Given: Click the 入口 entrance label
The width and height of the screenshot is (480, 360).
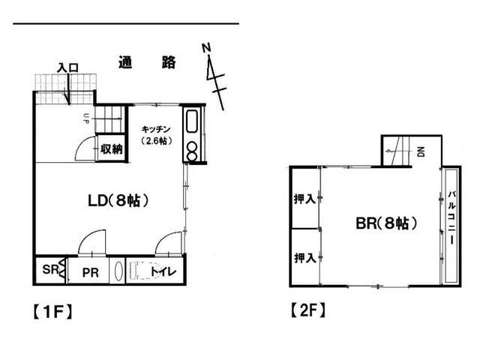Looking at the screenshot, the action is (68, 67).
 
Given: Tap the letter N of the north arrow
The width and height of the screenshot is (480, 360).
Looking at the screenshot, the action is (207, 48).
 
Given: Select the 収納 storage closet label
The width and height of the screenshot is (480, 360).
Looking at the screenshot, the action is (112, 149).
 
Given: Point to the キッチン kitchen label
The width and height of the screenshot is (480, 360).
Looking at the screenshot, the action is (156, 129).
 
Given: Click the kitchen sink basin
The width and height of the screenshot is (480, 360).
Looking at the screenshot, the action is (192, 121).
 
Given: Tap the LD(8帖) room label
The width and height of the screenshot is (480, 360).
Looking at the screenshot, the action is (118, 201).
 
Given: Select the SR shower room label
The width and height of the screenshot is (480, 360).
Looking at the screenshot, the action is (50, 269).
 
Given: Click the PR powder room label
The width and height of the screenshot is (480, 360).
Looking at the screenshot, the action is (90, 272).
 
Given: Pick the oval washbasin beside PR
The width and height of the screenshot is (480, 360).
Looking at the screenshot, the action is (118, 271).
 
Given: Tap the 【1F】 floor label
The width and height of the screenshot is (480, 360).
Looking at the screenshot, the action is (52, 312).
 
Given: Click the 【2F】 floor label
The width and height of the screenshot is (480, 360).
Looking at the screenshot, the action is (307, 310).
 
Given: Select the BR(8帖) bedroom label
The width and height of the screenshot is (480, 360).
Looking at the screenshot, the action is (386, 223).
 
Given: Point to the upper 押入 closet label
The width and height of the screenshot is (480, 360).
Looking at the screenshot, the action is (304, 199).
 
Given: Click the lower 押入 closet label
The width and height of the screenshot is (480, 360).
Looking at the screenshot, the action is (305, 258).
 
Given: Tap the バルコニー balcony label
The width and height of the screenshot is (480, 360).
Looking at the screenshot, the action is (451, 217).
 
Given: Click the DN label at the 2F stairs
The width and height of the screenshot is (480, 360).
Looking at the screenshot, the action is (421, 151).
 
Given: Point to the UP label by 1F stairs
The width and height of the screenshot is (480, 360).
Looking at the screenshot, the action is (85, 118).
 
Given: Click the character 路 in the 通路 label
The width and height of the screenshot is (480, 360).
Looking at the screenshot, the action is (169, 62).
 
